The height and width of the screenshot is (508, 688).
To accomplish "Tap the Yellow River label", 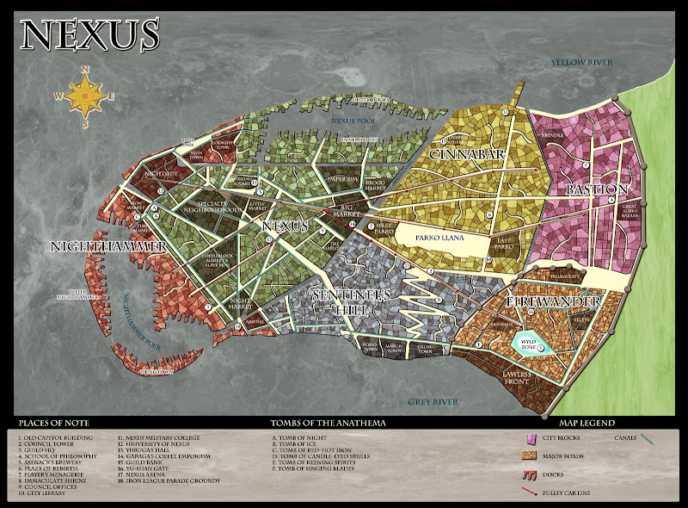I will click(580, 62).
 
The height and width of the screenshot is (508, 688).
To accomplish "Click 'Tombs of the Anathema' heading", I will click(326, 423).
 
